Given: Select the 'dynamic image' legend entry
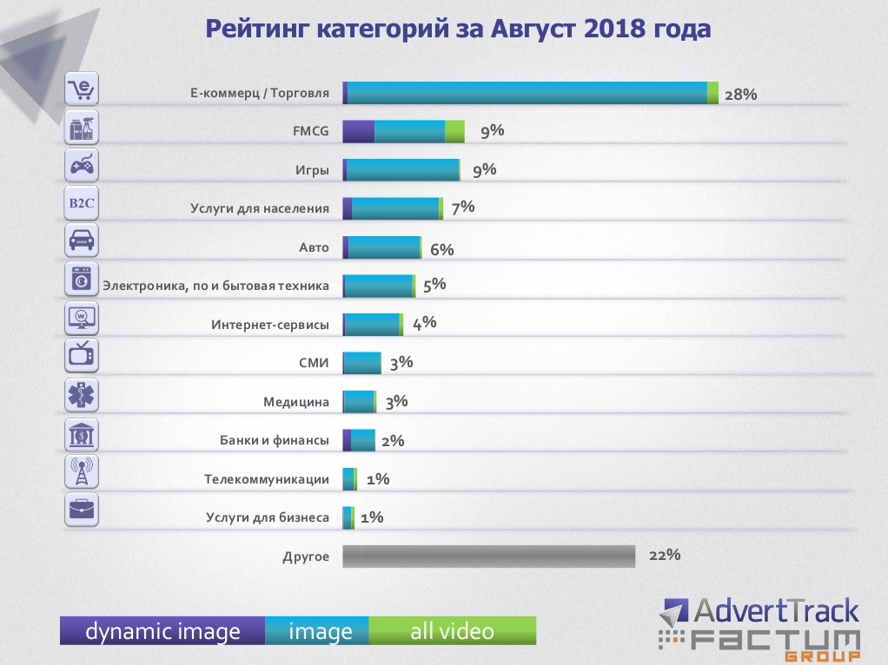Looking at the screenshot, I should point(162,631).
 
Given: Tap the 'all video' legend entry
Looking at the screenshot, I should point(452,631).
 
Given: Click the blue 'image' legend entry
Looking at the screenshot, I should point(320,631).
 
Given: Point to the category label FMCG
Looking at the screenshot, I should point(311,132).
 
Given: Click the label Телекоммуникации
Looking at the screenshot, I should point(267,479).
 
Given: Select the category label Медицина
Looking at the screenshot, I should point(296,402).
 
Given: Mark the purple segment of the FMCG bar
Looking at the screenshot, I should point(359,131).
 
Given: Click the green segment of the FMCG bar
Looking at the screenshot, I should point(454,131).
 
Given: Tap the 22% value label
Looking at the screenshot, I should point(664,555).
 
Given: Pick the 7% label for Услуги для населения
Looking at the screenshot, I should point(463,207).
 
